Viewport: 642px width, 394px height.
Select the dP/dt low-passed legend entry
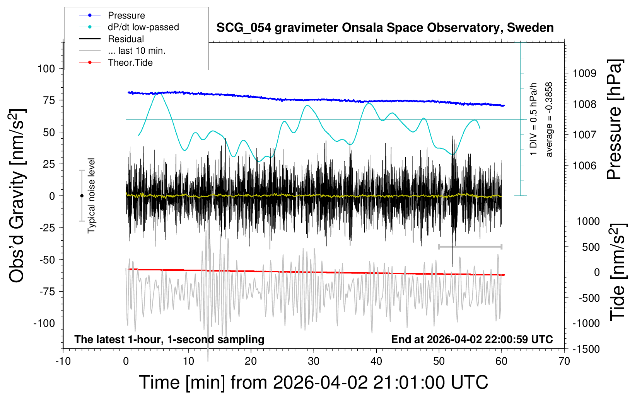tap(143, 27)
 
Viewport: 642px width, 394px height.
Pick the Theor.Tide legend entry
tap(130, 63)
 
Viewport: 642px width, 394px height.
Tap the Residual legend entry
tap(126, 39)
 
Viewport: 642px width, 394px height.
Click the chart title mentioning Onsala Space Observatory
tap(385, 28)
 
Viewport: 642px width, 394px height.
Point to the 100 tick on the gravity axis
tap(46, 69)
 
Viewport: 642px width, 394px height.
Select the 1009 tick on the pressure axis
tap(584, 73)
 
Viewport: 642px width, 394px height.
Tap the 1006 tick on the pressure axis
tap(584, 166)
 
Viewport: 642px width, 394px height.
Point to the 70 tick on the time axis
tap(564, 362)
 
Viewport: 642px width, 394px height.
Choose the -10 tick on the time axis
tap(63, 362)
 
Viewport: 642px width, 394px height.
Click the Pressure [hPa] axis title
tap(615, 120)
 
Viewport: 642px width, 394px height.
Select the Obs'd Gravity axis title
tap(17, 196)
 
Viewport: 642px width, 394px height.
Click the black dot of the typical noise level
tap(82, 196)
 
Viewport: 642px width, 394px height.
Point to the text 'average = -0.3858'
tap(549, 120)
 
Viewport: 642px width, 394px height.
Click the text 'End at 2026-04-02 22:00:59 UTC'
tap(472, 340)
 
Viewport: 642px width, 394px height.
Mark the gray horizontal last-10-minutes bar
tap(470, 246)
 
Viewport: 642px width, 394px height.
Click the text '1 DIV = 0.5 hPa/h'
tap(534, 119)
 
